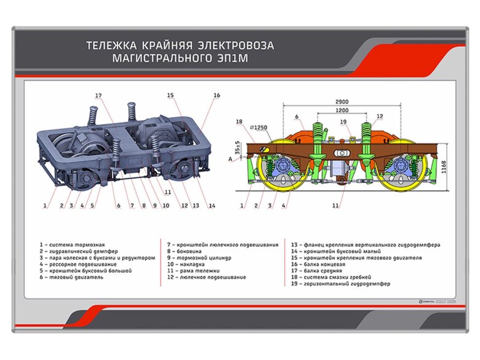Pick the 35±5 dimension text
pyautogui.click(x=238, y=148)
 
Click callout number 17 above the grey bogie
pyautogui.click(x=98, y=95)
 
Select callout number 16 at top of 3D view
pyautogui.click(x=217, y=95)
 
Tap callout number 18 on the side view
pyautogui.click(x=239, y=121)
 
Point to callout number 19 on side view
pyautogui.click(x=343, y=121)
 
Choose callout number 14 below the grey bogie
pyautogui.click(x=211, y=205)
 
